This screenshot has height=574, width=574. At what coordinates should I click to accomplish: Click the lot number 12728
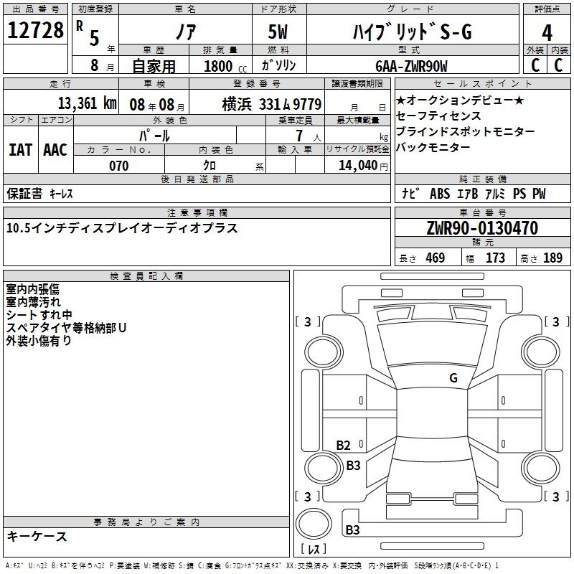pyautogui.click(x=35, y=30)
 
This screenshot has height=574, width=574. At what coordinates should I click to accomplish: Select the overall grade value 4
pyautogui.click(x=547, y=33)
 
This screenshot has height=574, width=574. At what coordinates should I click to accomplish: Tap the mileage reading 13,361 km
pyautogui.click(x=87, y=103)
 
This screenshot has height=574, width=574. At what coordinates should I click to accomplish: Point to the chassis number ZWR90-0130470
pyautogui.click(x=482, y=228)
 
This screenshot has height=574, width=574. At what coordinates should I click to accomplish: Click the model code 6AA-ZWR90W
pyautogui.click(x=411, y=66)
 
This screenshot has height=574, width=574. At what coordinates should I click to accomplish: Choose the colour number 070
pyautogui.click(x=119, y=166)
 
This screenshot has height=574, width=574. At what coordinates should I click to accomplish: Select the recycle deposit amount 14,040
pyautogui.click(x=358, y=166)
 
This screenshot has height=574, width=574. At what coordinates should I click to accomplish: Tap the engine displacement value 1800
pyautogui.click(x=218, y=66)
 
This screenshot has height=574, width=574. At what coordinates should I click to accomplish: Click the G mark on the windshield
pyautogui.click(x=453, y=378)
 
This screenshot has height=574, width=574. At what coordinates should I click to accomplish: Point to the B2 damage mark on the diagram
pyautogui.click(x=343, y=445)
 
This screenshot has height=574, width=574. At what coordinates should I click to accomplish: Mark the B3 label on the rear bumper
pyautogui.click(x=352, y=530)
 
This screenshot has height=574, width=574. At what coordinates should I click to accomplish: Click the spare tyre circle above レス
pyautogui.click(x=314, y=524)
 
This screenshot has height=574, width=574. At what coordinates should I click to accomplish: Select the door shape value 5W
pyautogui.click(x=278, y=32)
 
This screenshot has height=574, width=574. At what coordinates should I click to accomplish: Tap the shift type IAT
pyautogui.click(x=20, y=150)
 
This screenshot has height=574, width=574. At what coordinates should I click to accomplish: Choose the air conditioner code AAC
pyautogui.click(x=55, y=150)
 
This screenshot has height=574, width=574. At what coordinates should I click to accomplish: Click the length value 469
pyautogui.click(x=436, y=258)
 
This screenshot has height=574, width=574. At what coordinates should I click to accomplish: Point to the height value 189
pyautogui.click(x=552, y=258)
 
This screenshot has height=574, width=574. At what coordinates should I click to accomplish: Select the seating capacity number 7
pyautogui.click(x=299, y=136)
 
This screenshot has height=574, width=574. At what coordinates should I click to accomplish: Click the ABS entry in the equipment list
pyautogui.click(x=440, y=194)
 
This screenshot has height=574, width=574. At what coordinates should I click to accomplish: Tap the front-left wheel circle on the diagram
pyautogui.click(x=324, y=352)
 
